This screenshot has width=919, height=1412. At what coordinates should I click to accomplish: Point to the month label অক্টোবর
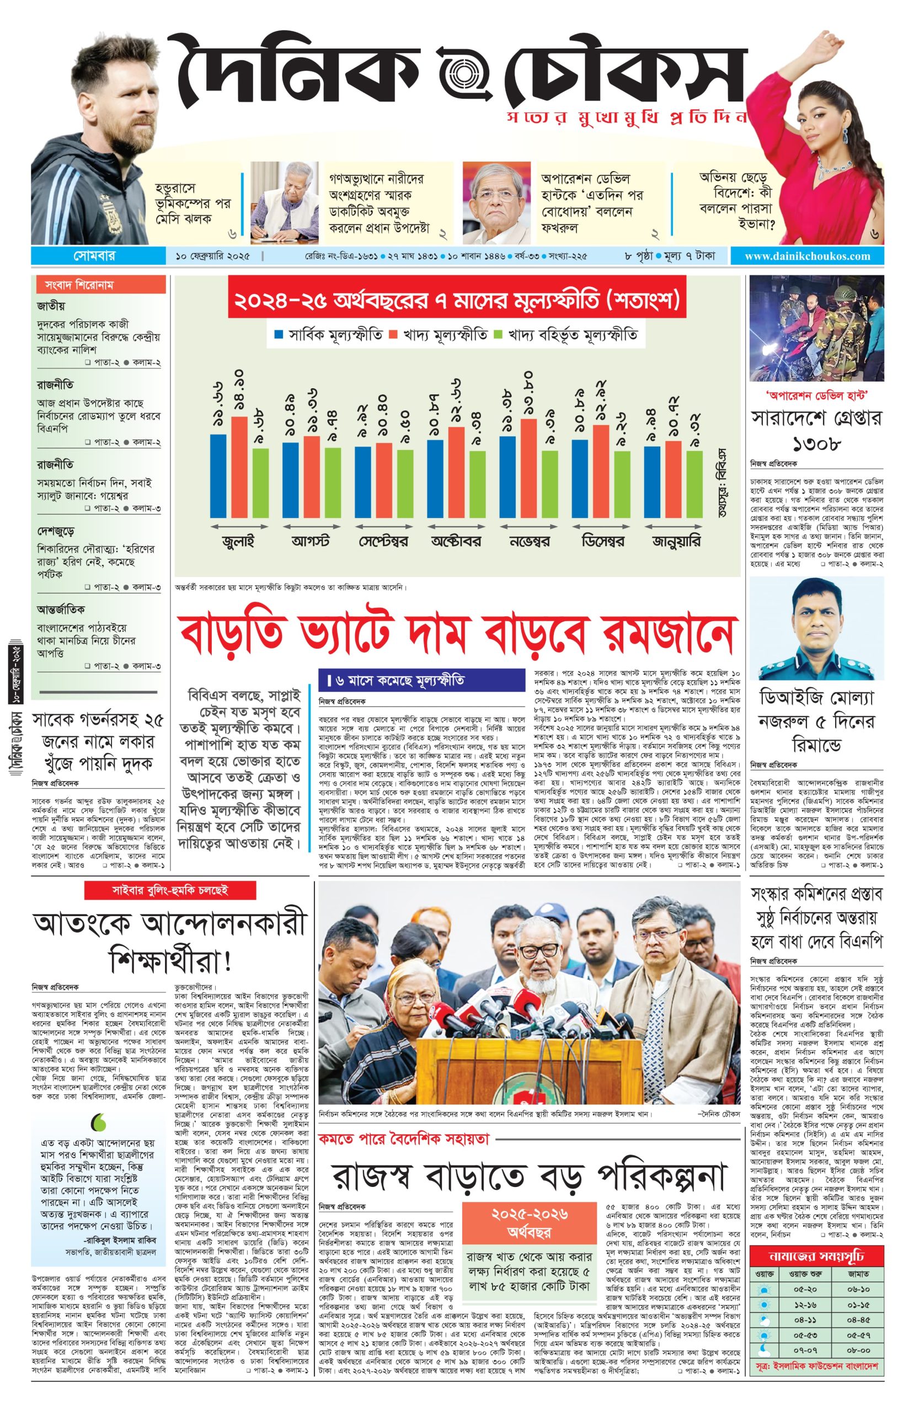(x=456, y=541)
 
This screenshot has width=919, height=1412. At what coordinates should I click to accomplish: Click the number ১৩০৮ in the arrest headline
(x=816, y=443)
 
